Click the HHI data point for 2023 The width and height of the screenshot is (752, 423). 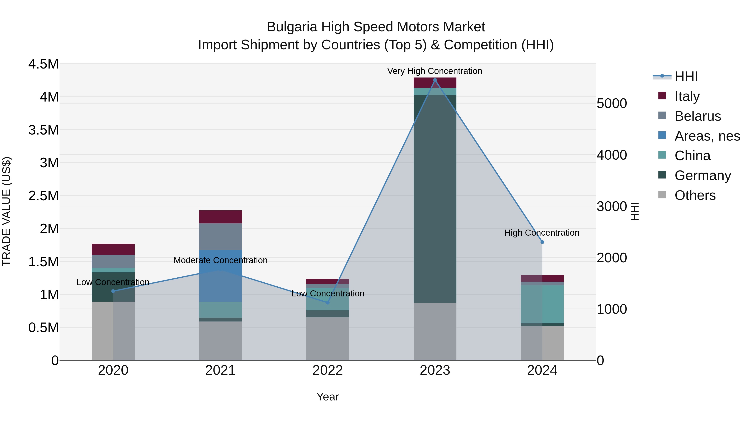coord(435,80)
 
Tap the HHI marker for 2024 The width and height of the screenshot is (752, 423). coord(542,242)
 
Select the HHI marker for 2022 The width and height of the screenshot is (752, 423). coord(328,303)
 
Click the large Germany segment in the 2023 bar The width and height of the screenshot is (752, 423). coord(435,198)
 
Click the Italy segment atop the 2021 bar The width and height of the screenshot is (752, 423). coord(220,217)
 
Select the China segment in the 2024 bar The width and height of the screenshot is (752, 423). coord(542,304)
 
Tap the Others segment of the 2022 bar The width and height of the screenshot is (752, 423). coord(328,339)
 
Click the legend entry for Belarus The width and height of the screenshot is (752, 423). coord(697,116)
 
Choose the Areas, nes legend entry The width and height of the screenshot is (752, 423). coord(707,136)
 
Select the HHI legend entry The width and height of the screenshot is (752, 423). coord(686,76)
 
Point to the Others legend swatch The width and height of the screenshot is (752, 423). coord(662,195)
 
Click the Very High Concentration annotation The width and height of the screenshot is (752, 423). coord(434,71)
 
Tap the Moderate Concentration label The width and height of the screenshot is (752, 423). coord(220,260)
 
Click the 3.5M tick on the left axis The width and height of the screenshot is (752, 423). coord(43,130)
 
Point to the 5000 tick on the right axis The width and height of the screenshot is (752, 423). coord(612,103)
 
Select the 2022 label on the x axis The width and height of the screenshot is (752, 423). coord(328,370)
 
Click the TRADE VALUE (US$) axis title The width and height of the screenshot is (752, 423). coord(6,211)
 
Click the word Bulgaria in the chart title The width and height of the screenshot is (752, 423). coord(292,27)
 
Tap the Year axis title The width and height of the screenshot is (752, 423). coord(328,397)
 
